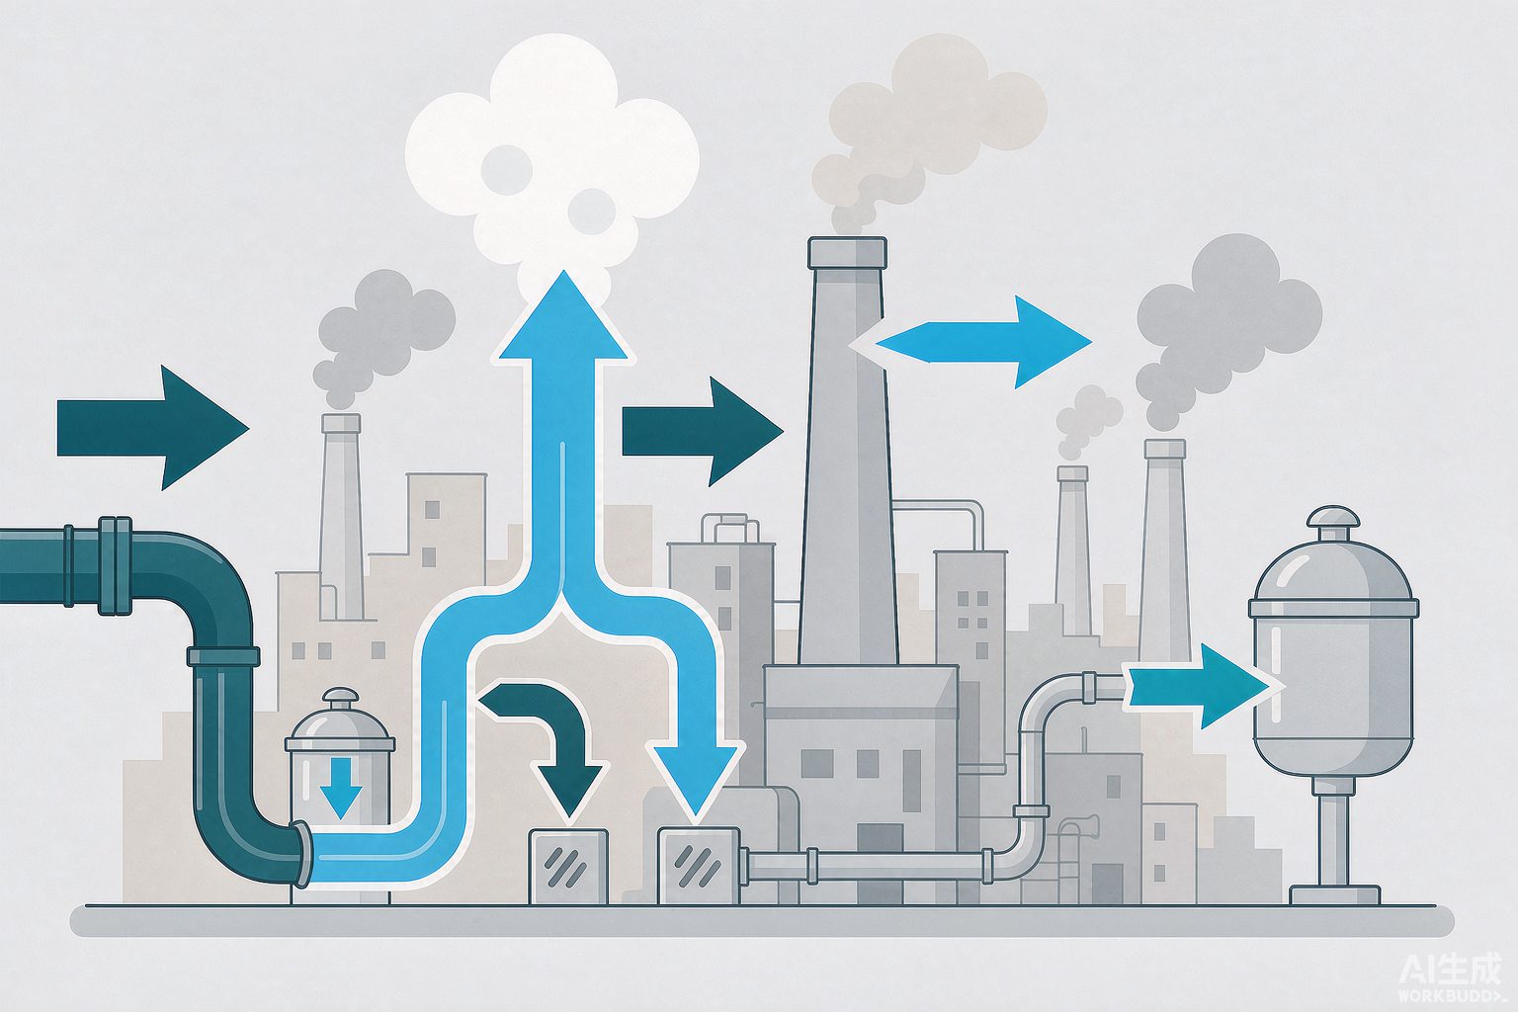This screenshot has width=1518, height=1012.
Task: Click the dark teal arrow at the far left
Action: pos(153,428)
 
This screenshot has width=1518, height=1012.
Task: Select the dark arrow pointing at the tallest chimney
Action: pos(703,431)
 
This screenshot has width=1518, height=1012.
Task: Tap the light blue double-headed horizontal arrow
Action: pos(970,342)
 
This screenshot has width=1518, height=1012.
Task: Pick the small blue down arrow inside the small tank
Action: pos(340,789)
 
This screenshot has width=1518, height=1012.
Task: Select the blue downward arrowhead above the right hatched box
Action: pos(696,779)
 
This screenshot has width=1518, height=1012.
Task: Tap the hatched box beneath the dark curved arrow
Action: pos(568,867)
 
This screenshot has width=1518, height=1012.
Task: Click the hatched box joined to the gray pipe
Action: pos(699,866)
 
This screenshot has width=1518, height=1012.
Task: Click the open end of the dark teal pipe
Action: pos(300,853)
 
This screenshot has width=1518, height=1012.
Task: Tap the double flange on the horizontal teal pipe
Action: pos(116,566)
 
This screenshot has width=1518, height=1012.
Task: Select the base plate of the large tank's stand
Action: pos(1334,894)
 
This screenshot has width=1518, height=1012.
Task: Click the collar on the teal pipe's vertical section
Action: pos(223,656)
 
